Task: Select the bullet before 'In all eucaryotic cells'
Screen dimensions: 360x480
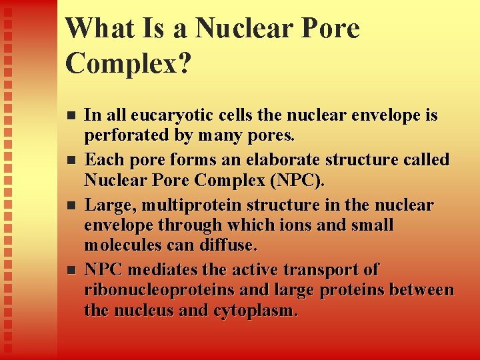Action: (x=73, y=115)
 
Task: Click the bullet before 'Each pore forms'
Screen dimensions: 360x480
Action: (x=73, y=160)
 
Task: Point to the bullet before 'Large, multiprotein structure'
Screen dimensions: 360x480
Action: (x=73, y=204)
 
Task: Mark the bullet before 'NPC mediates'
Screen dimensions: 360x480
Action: (x=73, y=270)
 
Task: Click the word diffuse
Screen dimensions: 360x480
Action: (x=227, y=245)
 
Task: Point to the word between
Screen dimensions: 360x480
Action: (x=421, y=290)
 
